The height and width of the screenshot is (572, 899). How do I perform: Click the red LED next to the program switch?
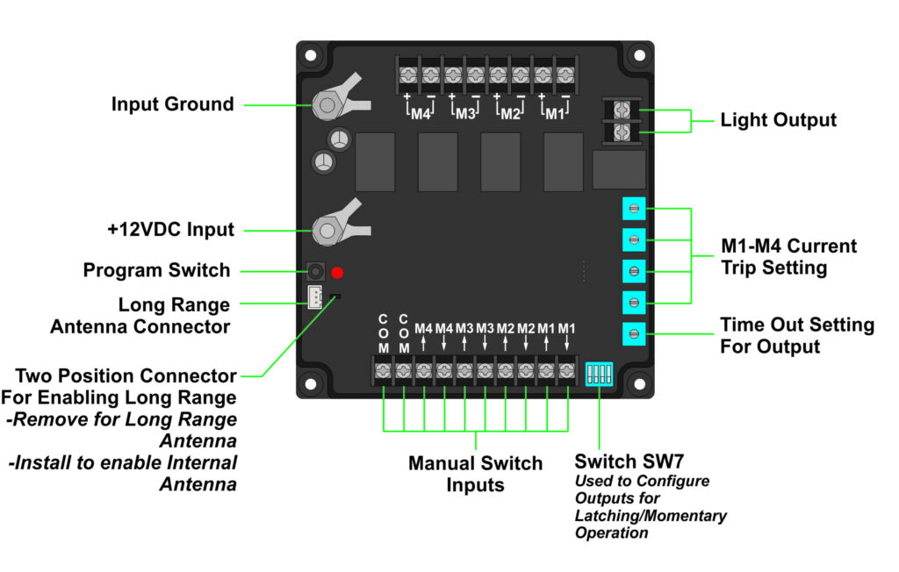click(337, 272)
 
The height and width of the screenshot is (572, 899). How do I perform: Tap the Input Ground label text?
click(172, 104)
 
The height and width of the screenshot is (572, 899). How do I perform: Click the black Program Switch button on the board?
click(313, 272)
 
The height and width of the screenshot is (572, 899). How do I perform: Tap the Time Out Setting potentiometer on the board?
click(634, 333)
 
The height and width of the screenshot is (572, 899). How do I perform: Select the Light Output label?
click(778, 120)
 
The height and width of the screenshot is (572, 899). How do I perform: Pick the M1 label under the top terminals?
click(554, 114)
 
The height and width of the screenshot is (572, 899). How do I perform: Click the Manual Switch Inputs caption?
click(475, 474)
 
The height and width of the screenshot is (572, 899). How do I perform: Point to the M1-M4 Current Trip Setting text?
click(788, 257)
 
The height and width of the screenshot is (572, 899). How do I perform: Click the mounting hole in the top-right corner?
click(638, 55)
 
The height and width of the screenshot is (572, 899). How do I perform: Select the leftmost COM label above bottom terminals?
click(383, 333)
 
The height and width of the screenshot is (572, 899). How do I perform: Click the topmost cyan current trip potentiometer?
click(634, 208)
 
